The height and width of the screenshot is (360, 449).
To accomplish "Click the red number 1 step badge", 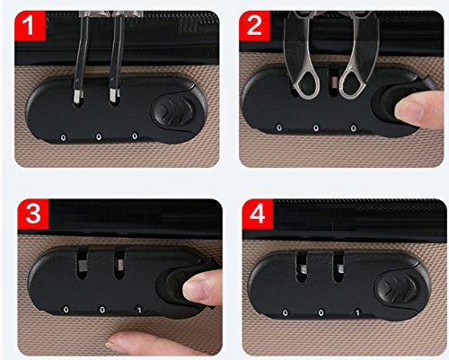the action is click(x=30, y=25).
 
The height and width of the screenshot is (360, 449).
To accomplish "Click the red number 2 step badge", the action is click(x=254, y=25).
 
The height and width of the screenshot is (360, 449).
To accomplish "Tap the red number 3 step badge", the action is click(x=33, y=214).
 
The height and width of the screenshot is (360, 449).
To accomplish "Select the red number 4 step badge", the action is click(x=258, y=214).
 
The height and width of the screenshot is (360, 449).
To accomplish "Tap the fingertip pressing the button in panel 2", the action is click(x=419, y=110).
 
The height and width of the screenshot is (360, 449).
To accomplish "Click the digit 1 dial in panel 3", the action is click(x=139, y=310).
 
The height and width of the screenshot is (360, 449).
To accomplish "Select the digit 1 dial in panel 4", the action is click(x=357, y=312).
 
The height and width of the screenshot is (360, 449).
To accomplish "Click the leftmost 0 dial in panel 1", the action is click(x=63, y=137).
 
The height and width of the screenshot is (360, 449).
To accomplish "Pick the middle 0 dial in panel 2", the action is click(x=316, y=128).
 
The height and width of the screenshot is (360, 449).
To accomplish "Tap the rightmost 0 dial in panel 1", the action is click(x=135, y=136).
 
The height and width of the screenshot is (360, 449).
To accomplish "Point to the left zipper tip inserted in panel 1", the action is click(x=78, y=96).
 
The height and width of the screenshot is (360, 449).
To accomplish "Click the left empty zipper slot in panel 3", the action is click(x=82, y=265).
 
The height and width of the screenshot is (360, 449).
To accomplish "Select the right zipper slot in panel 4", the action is click(x=339, y=268).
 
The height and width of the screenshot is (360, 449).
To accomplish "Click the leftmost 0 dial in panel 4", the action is click(x=286, y=313).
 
